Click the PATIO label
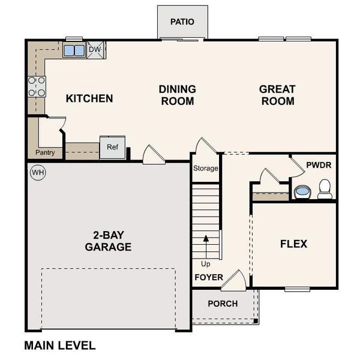(182, 22)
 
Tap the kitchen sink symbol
(74, 50)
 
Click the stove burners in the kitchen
(36, 87)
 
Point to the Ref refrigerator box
(112, 147)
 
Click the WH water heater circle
(38, 172)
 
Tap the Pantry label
(45, 153)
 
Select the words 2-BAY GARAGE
(108, 241)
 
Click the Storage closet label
(205, 169)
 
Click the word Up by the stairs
(206, 264)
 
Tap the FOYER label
(208, 278)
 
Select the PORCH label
(223, 304)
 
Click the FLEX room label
(293, 244)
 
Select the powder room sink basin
(301, 192)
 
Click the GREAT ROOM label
(277, 95)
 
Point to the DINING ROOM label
(177, 95)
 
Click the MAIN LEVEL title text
(59, 346)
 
